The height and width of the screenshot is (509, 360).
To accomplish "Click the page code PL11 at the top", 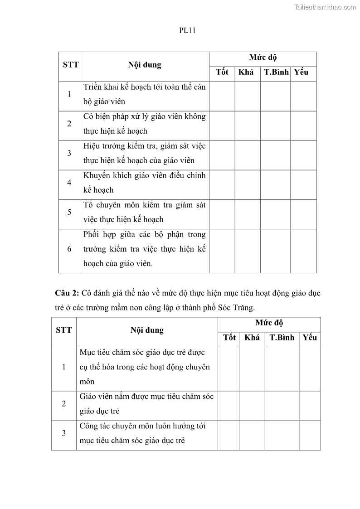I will (187, 31).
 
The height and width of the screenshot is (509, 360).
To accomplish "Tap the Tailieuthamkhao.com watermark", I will (325, 7).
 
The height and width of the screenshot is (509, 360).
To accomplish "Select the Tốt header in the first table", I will (222, 72).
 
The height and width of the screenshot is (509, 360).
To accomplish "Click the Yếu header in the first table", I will (302, 72).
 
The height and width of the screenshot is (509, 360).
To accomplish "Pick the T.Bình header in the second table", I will (282, 338).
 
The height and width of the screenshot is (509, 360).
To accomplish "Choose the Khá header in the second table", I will (252, 338).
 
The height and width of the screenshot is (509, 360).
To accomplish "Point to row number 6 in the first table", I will (69, 249).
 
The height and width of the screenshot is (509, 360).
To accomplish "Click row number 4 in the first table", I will (69, 183).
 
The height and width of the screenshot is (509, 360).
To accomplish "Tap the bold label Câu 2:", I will (68, 293).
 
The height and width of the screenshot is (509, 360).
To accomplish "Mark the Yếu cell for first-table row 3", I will (303, 153).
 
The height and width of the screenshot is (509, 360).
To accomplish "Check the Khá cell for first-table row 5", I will (247, 212).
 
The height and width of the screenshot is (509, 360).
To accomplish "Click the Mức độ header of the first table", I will (263, 58).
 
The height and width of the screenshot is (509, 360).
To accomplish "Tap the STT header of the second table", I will (63, 330).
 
